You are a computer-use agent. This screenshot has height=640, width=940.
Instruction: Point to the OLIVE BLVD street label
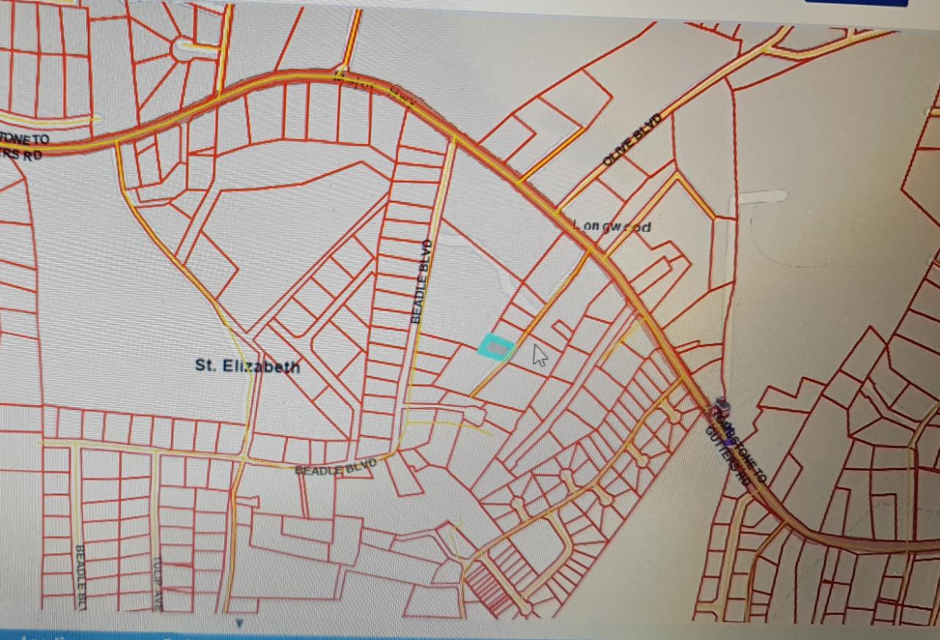coord(632,140)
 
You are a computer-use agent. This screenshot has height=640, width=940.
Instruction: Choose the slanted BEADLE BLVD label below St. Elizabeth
coord(336,467)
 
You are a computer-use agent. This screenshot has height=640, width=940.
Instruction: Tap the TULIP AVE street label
coord(157,582)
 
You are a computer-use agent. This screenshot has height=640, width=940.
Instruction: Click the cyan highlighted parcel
coord(496,346)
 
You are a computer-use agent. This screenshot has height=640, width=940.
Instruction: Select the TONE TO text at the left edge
coord(26,138)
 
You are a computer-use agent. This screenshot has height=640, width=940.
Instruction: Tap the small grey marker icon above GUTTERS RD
coord(721,404)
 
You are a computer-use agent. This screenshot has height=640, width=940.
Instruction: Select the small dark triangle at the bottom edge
coord(239,623)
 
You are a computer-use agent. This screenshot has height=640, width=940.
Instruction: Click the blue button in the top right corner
coord(856,2)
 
